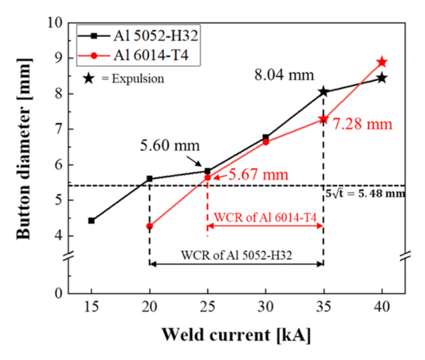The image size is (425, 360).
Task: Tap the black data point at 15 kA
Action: tap(92, 221)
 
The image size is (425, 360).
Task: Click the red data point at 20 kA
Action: tap(150, 226)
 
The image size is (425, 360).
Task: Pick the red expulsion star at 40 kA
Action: tap(382, 62)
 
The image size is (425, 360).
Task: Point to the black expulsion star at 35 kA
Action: tap(324, 92)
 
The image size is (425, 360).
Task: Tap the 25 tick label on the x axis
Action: tap(207, 307)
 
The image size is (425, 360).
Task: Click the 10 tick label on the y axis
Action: tap(54, 23)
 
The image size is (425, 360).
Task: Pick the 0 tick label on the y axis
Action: tap(58, 293)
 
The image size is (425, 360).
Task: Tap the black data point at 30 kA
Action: tap(265, 137)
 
